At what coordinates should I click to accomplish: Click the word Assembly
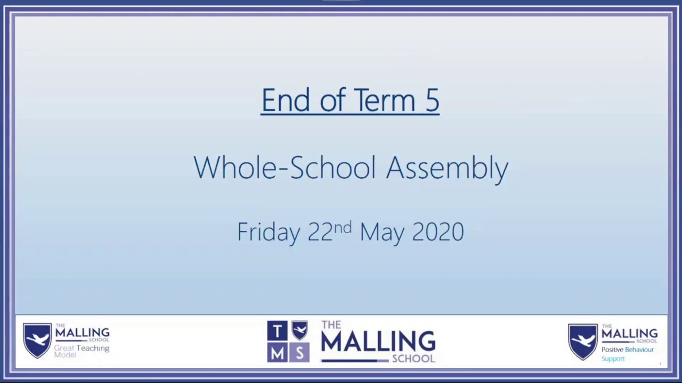point(447,168)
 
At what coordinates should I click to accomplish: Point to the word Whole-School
point(285,168)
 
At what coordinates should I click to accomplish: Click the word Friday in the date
point(268,232)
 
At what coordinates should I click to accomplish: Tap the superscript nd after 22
point(343,227)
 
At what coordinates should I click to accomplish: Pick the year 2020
point(438,232)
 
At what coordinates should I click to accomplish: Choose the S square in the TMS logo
point(299,353)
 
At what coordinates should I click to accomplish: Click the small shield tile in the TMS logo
point(299,330)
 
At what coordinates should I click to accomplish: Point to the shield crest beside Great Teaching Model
point(37,340)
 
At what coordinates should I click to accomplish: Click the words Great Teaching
point(82,348)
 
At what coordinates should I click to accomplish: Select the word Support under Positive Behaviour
point(613,359)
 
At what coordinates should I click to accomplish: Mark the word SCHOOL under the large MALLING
point(413,359)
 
